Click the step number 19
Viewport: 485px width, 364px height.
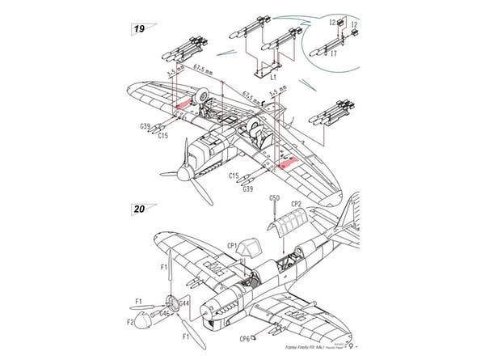(x=138, y=29)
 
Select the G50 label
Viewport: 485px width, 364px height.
(x=274, y=197)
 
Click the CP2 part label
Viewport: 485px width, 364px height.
(x=296, y=204)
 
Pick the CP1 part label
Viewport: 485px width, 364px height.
(x=231, y=244)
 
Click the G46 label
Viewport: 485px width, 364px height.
(x=164, y=311)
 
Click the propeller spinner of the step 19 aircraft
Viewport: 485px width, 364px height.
(x=186, y=171)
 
